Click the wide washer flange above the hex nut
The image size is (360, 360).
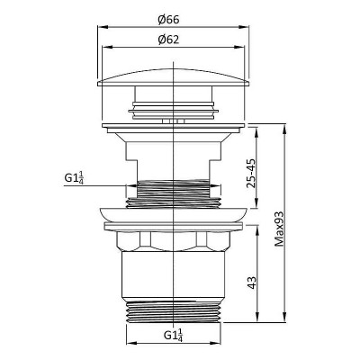173,216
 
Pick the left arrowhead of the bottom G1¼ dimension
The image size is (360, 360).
127,344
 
